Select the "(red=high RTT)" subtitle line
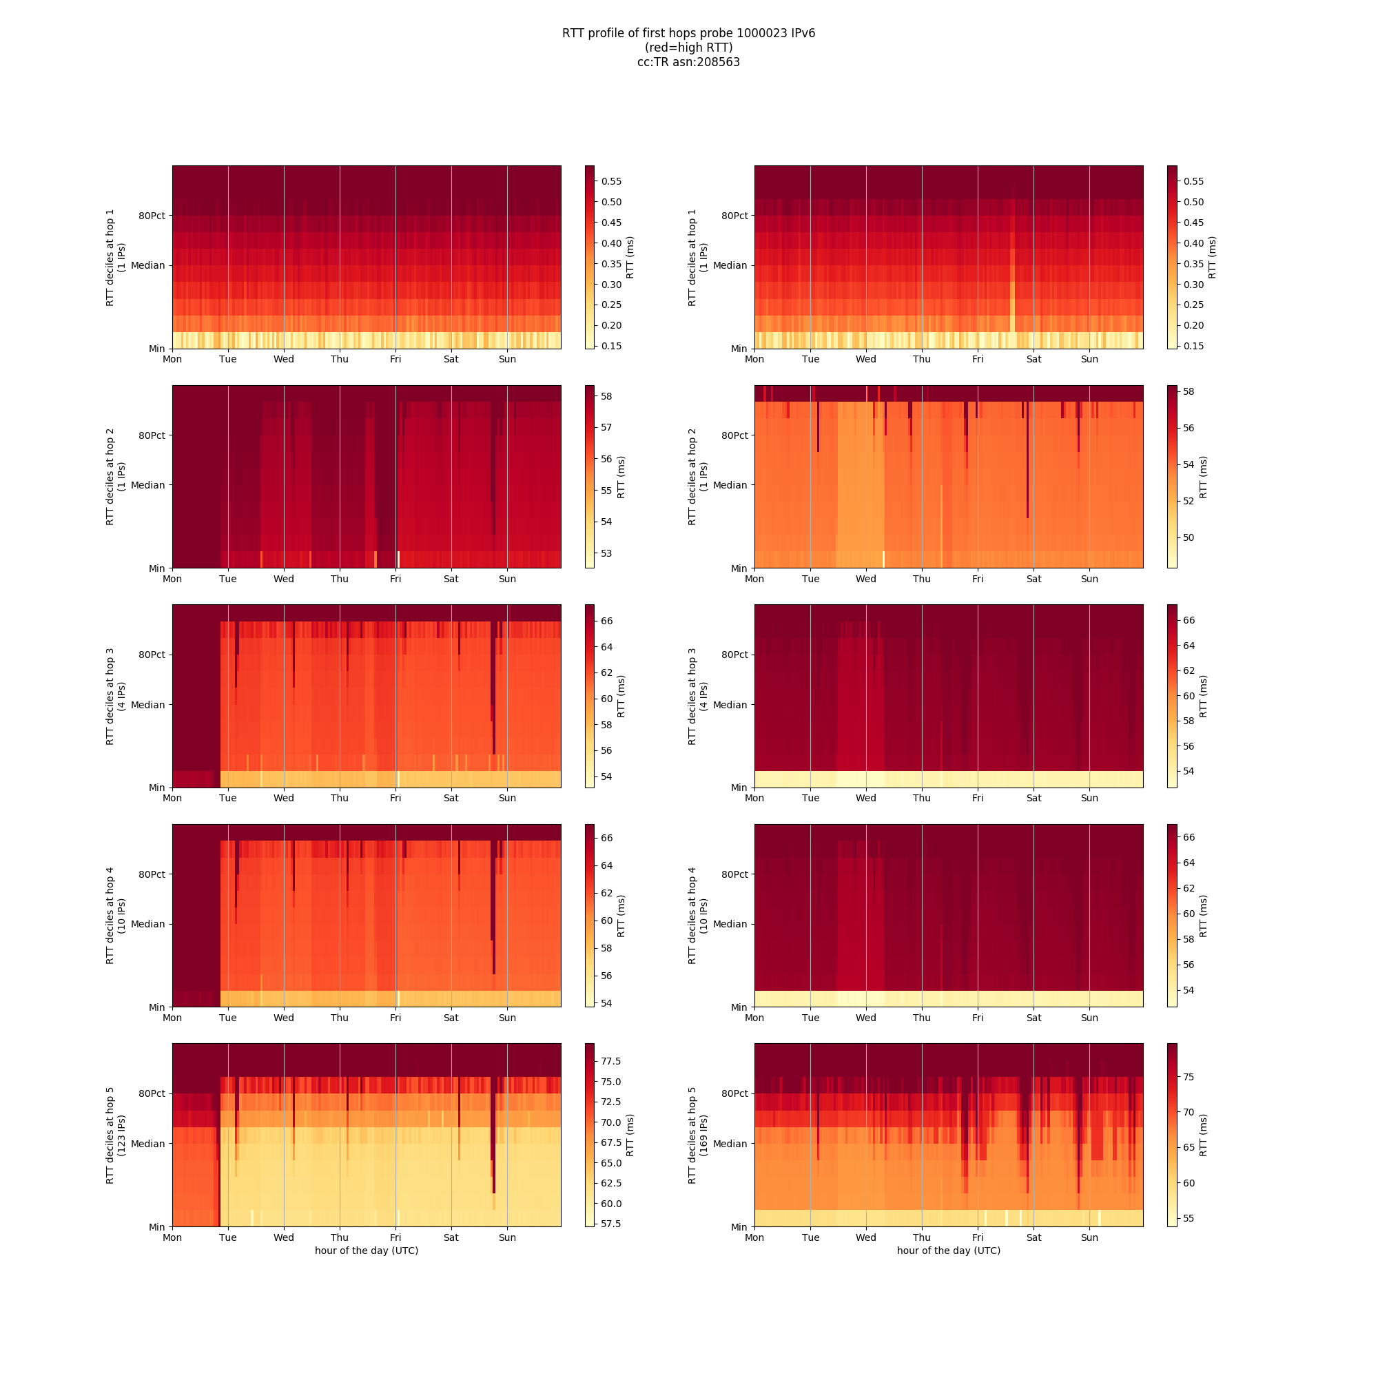(688, 48)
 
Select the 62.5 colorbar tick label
(611, 1183)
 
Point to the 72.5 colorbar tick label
(611, 1102)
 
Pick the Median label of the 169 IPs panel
(730, 1144)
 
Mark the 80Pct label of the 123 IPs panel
(151, 1093)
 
